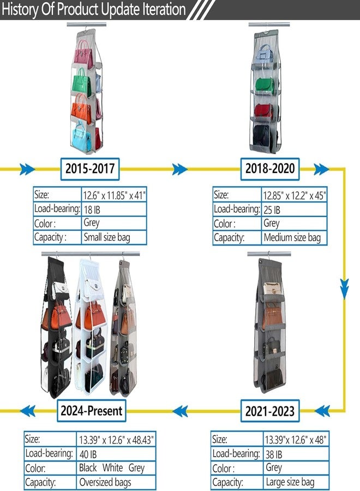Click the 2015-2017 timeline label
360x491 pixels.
click(90, 169)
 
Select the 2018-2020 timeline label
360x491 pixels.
click(270, 169)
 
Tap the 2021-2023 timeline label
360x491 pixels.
click(270, 411)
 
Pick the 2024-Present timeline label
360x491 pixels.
click(92, 410)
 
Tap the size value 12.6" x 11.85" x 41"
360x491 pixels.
click(114, 195)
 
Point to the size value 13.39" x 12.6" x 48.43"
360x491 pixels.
click(116, 440)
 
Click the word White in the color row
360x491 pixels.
click(112, 468)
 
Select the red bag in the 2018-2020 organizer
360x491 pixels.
click(264, 111)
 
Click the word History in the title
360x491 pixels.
click(20, 9)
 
